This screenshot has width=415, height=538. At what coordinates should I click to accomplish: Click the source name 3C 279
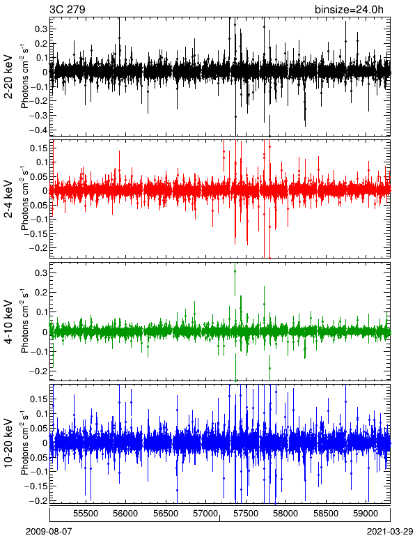click(x=67, y=9)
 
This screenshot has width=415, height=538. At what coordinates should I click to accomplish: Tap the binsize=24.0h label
click(x=349, y=9)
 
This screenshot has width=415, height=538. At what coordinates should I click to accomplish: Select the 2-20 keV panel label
click(x=8, y=77)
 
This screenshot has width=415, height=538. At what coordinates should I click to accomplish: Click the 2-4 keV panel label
click(x=8, y=199)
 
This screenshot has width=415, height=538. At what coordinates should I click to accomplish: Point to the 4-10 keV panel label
click(x=8, y=322)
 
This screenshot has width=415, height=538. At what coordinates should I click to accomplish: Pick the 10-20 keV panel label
click(x=8, y=443)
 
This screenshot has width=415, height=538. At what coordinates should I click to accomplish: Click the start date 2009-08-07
click(x=49, y=532)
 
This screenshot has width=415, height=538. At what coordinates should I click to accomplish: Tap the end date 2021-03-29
click(x=390, y=532)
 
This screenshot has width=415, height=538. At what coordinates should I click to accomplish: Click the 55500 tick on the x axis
click(x=86, y=514)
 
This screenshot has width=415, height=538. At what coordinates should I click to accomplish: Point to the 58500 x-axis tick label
click(x=326, y=514)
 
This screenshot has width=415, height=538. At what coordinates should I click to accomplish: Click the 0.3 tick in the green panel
click(x=41, y=273)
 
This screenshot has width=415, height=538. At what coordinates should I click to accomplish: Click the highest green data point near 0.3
click(x=235, y=271)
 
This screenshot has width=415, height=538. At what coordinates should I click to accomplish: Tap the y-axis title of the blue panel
click(x=24, y=443)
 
